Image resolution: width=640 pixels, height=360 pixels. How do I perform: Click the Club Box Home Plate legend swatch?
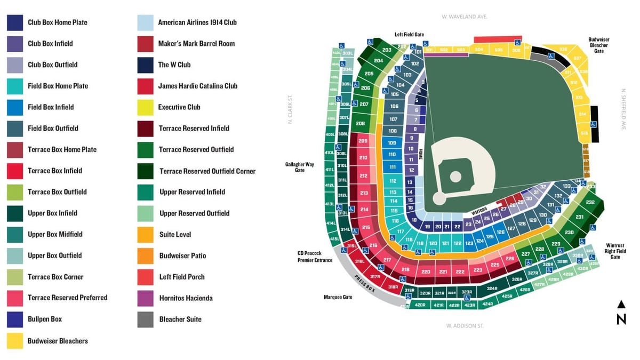point(15,22)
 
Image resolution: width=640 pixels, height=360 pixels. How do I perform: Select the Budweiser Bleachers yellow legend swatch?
point(15,341)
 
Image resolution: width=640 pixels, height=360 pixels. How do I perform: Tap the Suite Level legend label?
point(174,234)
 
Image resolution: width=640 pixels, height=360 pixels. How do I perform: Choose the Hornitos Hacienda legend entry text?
point(186,298)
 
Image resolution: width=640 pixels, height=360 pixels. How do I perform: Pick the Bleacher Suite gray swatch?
point(146,319)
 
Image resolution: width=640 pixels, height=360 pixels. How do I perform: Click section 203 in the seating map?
point(387,50)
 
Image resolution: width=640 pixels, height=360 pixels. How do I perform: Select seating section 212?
point(363,175)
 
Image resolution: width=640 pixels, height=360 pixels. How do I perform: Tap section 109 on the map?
point(392,143)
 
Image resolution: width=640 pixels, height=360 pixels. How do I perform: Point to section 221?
point(443,271)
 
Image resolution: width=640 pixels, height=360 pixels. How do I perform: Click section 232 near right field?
point(590,202)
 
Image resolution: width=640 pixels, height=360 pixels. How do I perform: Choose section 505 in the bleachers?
point(498,50)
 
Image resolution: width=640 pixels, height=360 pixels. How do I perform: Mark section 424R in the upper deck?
point(487,304)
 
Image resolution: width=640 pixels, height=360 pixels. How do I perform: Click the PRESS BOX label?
point(365,285)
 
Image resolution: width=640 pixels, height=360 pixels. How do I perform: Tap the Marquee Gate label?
point(338,297)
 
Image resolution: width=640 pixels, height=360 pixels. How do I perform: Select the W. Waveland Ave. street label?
point(465,17)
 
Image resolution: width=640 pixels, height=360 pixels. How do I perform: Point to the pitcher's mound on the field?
point(455,176)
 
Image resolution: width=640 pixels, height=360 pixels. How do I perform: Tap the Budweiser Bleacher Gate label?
point(598,45)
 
